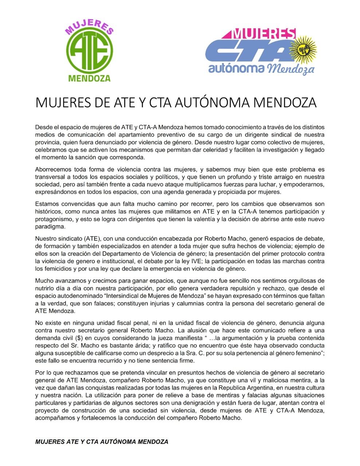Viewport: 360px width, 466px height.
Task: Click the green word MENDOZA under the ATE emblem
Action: (x=90, y=78)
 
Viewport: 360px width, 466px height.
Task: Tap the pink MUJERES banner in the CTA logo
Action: (x=260, y=34)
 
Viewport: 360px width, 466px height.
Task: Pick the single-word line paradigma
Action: (x=51, y=226)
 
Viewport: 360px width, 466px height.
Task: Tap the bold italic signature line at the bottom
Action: (x=102, y=442)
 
